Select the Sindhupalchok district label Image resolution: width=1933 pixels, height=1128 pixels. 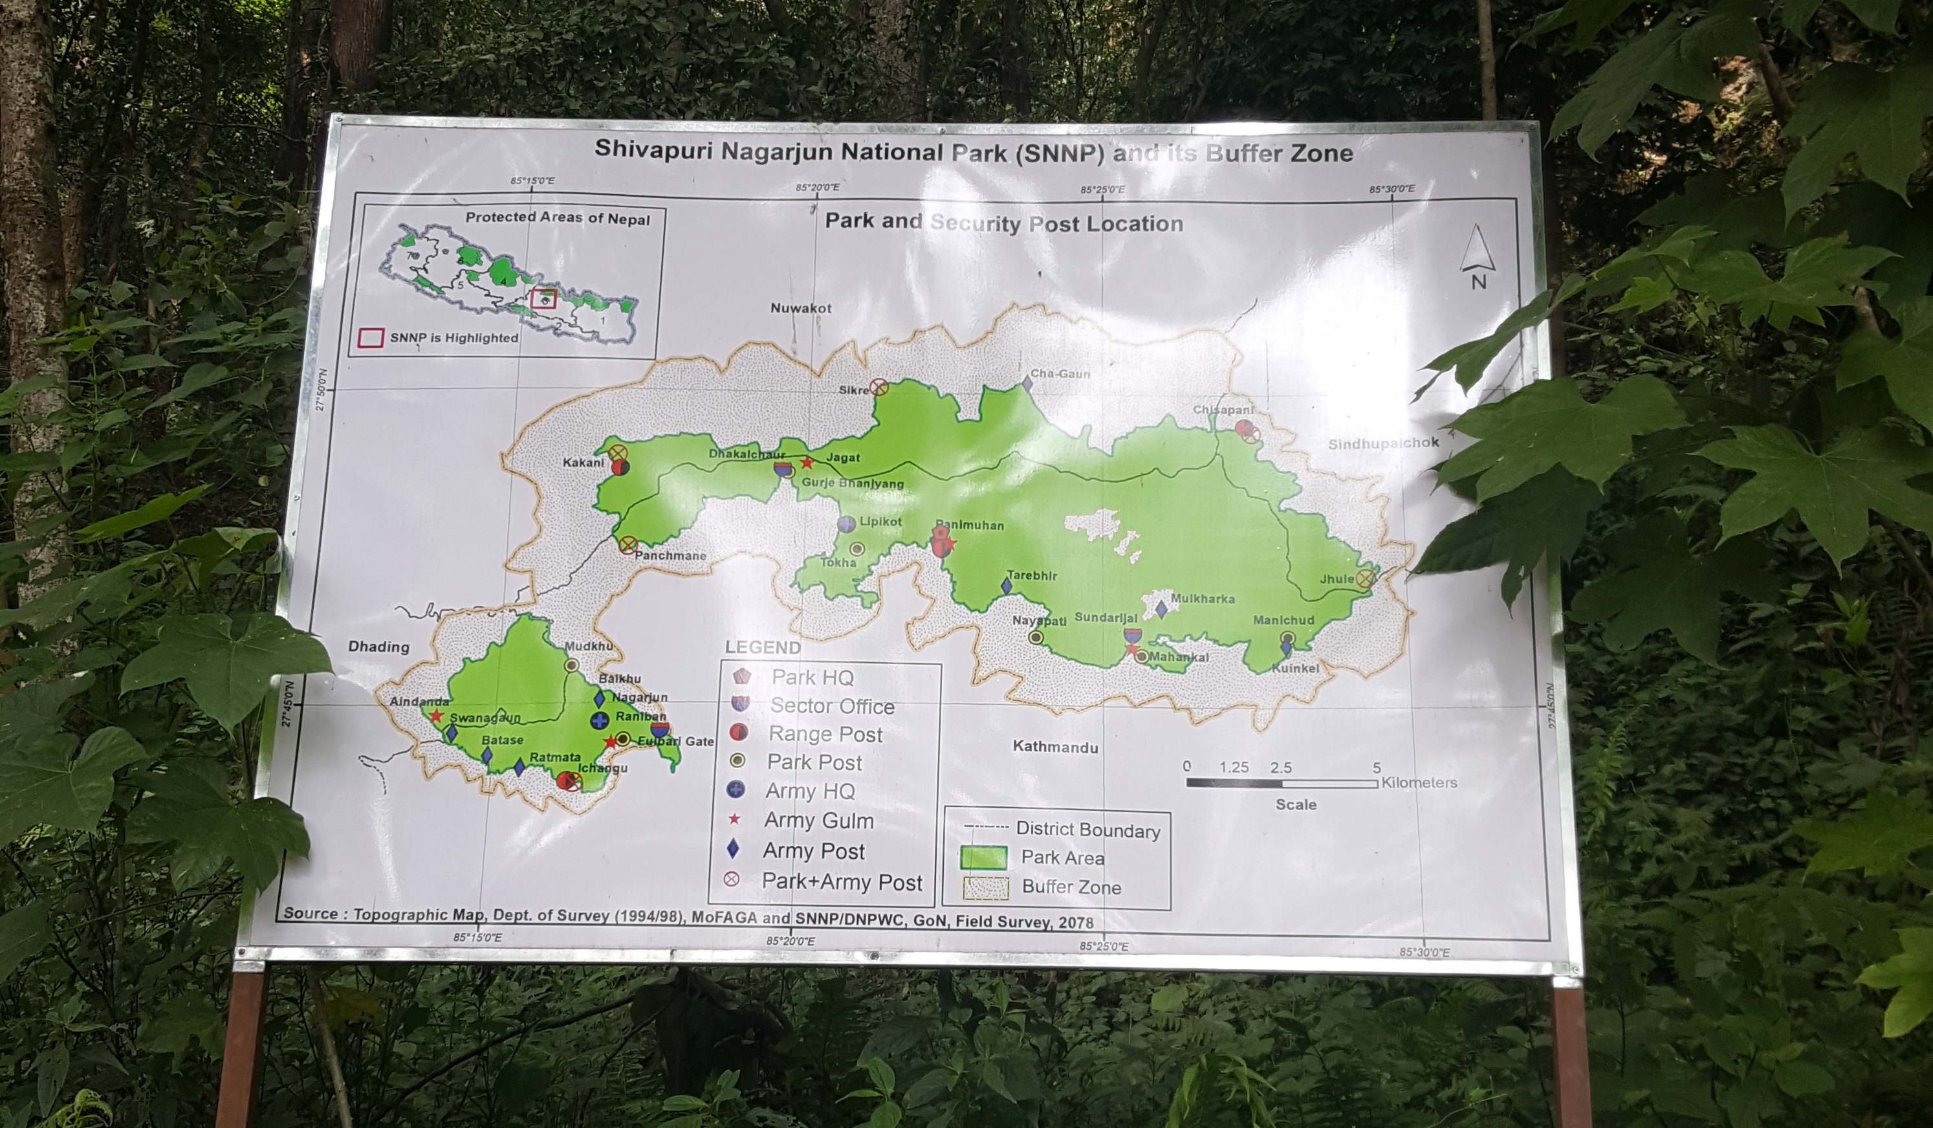pyautogui.click(x=1383, y=443)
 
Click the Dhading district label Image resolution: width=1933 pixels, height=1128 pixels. pyautogui.click(x=378, y=647)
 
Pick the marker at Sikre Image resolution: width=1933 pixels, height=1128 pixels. pyautogui.click(x=880, y=388)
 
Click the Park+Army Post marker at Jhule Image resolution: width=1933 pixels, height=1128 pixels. pyautogui.click(x=1364, y=579)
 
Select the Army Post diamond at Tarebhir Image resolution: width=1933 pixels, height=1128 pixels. pyautogui.click(x=1007, y=587)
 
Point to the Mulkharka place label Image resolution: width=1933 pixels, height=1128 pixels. pyautogui.click(x=1202, y=599)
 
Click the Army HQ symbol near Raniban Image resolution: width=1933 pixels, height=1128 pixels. pyautogui.click(x=600, y=720)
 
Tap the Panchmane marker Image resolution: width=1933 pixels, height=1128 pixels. pyautogui.click(x=628, y=546)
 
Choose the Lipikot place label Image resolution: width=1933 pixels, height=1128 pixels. pyautogui.click(x=880, y=522)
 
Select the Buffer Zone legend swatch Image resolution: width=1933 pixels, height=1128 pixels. pyautogui.click(x=985, y=888)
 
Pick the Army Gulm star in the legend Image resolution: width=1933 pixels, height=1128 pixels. pyautogui.click(x=734, y=819)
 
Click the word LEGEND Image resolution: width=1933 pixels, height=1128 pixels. pyautogui.click(x=763, y=648)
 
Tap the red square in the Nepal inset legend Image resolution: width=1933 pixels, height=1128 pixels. pyautogui.click(x=371, y=338)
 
